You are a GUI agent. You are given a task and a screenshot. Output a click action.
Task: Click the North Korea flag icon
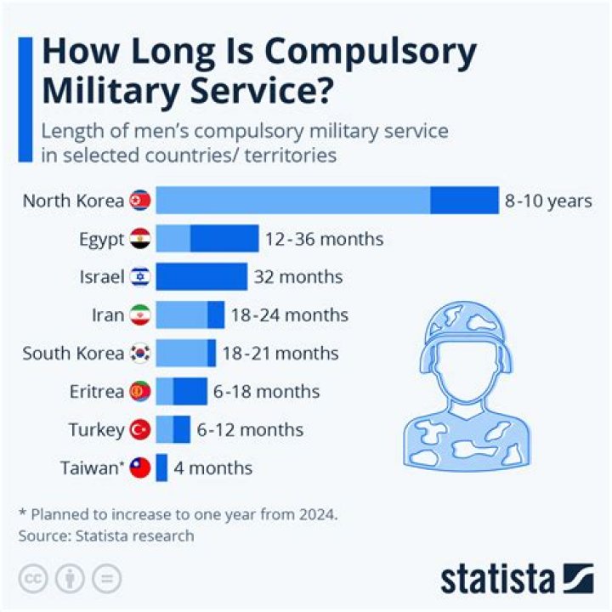140,201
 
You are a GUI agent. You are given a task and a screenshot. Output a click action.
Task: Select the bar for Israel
201,277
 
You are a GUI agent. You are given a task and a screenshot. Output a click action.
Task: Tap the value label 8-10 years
547,201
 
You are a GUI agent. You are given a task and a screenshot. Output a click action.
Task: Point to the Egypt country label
101,239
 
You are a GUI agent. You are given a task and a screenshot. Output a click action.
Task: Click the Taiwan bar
161,467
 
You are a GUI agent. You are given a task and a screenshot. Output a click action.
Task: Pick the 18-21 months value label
280,353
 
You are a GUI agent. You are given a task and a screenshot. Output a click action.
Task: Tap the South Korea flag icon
140,353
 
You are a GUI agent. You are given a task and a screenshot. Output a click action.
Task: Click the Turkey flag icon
140,429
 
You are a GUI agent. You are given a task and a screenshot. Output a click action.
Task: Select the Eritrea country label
97,391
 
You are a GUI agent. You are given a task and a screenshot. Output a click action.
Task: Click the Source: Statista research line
105,535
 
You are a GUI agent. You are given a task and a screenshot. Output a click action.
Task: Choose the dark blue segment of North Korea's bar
464,201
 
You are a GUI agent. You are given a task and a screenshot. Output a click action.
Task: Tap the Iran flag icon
140,315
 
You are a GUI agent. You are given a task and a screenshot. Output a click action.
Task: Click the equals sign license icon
106,579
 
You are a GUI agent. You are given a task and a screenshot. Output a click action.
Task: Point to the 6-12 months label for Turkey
250,429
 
